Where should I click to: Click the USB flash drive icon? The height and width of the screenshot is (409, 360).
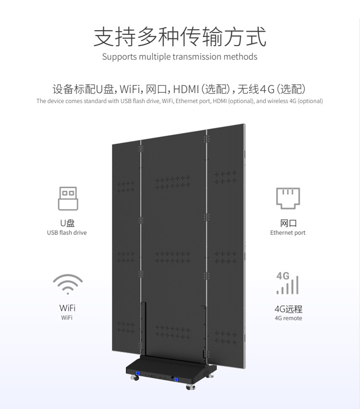[x=68, y=199]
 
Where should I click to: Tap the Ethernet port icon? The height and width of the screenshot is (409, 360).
[x=288, y=198]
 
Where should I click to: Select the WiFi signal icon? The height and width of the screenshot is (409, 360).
[x=68, y=284]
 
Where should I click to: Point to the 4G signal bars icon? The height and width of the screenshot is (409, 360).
[x=288, y=283]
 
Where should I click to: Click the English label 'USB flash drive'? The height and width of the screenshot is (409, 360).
[x=67, y=233]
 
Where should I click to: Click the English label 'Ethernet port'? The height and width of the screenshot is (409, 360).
[x=288, y=233]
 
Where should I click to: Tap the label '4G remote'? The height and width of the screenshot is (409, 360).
[x=288, y=318]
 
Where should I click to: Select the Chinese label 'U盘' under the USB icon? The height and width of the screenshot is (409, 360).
[x=67, y=223]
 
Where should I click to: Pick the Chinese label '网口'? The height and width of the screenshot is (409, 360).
[x=288, y=223]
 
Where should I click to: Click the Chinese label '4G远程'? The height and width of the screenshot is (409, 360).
[x=288, y=309]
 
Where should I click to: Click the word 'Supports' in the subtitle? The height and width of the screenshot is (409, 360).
[x=119, y=57]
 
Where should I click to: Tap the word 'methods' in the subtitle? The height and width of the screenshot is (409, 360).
[x=240, y=57]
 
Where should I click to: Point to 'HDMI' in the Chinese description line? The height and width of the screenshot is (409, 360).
[x=186, y=89]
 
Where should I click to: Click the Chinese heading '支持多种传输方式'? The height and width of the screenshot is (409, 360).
[x=180, y=36]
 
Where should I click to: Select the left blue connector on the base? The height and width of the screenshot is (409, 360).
[x=138, y=374]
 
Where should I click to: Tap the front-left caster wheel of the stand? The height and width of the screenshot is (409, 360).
[x=134, y=379]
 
